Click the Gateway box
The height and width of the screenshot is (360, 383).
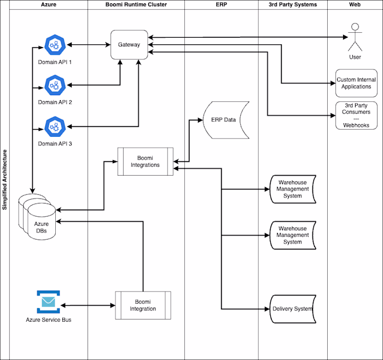(129, 45)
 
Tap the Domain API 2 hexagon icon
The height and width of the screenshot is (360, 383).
(55, 85)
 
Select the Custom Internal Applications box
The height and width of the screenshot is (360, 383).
(357, 83)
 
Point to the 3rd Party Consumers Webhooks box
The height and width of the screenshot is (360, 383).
(357, 115)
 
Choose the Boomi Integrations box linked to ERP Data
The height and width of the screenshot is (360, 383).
(146, 161)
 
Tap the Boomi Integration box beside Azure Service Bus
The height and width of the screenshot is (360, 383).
(143, 305)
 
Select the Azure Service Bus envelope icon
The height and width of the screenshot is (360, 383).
(48, 301)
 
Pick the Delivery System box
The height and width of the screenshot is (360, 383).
(292, 309)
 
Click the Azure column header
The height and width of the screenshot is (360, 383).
(49, 4)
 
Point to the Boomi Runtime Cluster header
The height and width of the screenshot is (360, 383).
(136, 4)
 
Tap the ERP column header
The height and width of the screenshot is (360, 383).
(221, 4)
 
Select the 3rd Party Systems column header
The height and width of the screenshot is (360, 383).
(293, 4)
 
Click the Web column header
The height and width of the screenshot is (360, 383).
(355, 4)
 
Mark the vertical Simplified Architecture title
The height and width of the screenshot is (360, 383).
(4, 180)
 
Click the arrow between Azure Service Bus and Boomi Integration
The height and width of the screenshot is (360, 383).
(88, 305)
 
